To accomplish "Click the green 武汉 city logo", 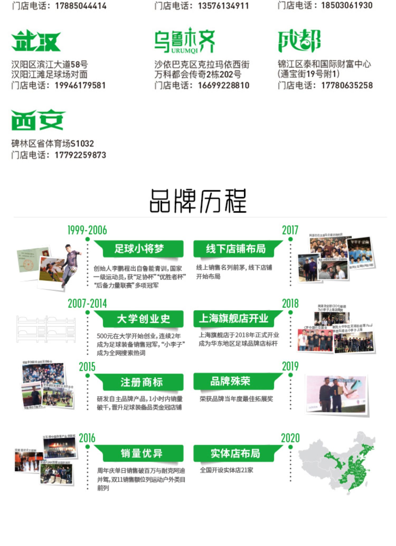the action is point(36,41).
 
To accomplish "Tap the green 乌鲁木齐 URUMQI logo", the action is point(185,41).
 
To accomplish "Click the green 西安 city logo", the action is point(38,120).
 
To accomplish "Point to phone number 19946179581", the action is point(80,86).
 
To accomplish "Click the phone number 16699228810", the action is point(224,86).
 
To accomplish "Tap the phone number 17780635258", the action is point(347,86).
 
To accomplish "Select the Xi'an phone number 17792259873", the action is point(80,155).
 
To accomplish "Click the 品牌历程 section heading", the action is point(198,201).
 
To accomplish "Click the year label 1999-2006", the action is point(87,230).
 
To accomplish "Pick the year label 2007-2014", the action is point(87,304).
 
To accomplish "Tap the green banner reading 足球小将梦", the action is point(139,249).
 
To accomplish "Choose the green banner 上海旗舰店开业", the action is point(234,319).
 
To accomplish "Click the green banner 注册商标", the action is point(142,382).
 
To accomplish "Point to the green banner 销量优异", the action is point(142,453).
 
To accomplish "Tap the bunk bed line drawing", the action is point(46,329).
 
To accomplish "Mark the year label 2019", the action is point(290,367).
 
